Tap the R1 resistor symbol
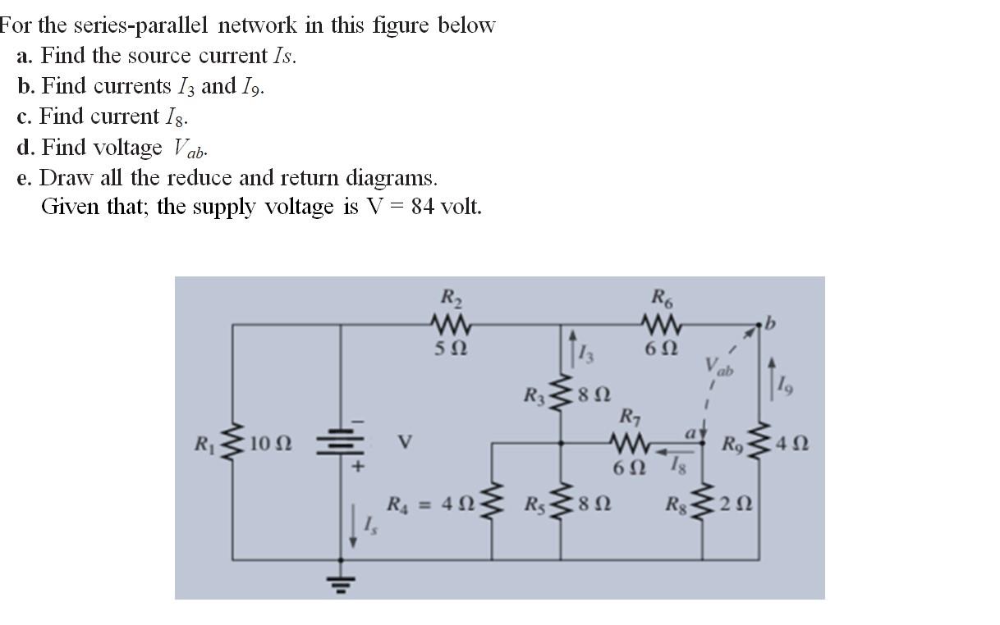pyautogui.click(x=233, y=445)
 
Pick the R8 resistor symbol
pyautogui.click(x=703, y=502)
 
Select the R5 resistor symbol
pyautogui.click(x=562, y=502)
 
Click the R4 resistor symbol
pyautogui.click(x=492, y=502)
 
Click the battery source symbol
pyautogui.click(x=342, y=445)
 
